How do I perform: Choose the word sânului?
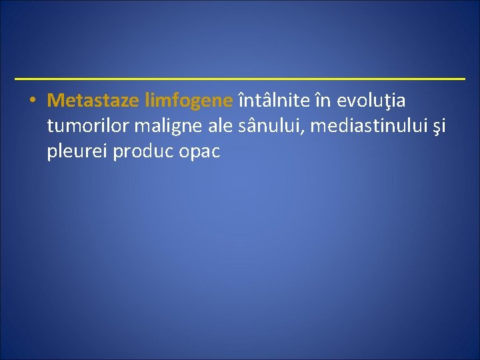(264, 126)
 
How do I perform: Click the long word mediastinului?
(363, 126)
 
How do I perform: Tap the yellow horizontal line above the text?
(240, 79)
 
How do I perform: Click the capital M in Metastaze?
(55, 101)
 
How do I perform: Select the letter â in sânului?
(251, 125)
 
